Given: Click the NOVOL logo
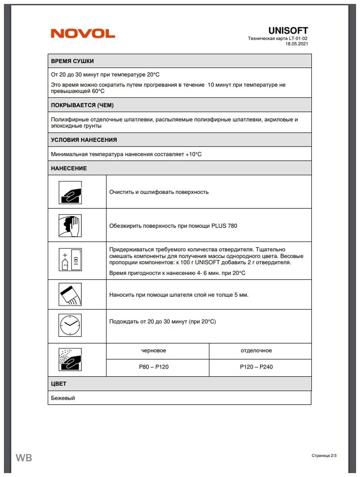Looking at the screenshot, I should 83,34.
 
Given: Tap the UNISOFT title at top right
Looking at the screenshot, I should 288,30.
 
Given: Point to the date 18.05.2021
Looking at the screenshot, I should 297,44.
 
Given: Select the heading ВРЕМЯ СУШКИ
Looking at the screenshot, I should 72,61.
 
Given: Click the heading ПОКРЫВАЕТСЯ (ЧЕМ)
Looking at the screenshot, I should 82,105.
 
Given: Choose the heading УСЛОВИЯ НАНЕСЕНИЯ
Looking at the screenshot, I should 84,140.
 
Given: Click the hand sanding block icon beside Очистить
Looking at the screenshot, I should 70,192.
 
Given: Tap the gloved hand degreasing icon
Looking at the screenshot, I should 70,226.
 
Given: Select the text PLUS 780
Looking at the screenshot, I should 225,226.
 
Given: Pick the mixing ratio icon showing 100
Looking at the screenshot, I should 70,260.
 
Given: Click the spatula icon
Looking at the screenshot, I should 70,294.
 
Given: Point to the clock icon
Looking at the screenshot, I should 70,325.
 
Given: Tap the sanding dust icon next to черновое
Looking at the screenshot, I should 70,359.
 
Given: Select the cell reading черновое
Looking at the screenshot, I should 153,350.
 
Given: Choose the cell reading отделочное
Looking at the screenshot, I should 256,350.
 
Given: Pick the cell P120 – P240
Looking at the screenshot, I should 256,367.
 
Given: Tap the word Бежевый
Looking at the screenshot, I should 63,398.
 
